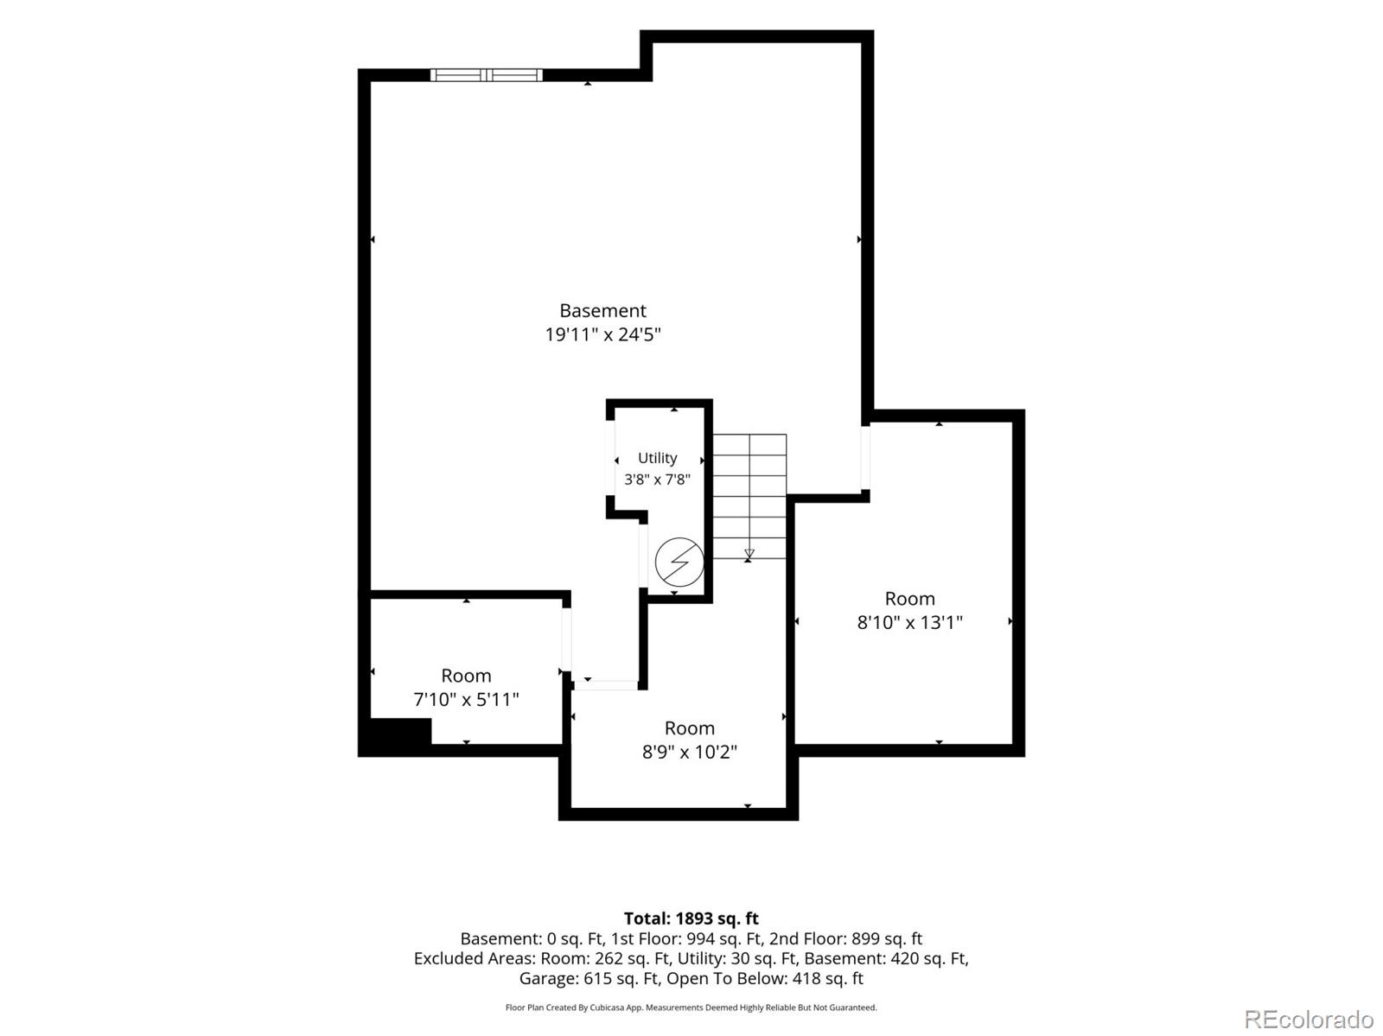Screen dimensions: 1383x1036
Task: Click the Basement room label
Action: [602, 310]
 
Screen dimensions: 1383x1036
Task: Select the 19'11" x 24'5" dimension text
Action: [602, 334]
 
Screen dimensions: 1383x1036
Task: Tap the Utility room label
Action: [657, 458]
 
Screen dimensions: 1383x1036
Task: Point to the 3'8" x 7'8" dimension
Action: [657, 480]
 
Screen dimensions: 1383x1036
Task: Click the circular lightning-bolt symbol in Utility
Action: [679, 561]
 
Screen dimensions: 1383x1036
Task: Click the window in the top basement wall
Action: [487, 75]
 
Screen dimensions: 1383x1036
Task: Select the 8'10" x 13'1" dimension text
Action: [909, 622]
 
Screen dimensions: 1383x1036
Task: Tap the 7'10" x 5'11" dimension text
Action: [466, 699]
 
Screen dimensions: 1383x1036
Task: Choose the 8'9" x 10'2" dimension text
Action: [689, 752]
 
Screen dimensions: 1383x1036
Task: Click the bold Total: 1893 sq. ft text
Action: [691, 918]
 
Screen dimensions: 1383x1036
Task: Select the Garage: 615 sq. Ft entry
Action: [590, 978]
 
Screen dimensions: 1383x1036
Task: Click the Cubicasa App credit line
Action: [691, 1007]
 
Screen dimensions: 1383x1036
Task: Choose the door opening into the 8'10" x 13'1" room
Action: [866, 457]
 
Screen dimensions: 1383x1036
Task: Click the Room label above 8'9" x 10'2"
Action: [689, 728]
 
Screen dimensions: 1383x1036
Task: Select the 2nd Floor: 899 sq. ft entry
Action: [845, 938]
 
